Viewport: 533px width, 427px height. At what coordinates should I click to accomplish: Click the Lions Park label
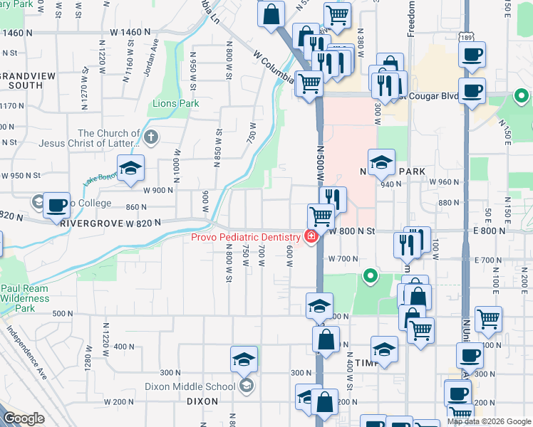click(175, 103)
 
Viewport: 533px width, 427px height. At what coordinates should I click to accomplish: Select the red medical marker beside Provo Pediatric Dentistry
click(311, 236)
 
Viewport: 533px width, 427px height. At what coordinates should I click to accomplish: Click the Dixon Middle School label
click(190, 386)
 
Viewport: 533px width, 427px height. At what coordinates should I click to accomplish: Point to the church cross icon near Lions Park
click(150, 137)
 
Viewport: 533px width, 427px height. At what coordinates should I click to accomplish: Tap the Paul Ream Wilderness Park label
click(26, 298)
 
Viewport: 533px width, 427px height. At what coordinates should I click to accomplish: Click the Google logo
click(24, 418)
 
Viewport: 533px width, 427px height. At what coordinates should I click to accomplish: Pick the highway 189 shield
click(466, 37)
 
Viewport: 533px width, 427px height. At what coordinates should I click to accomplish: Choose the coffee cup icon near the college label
click(56, 206)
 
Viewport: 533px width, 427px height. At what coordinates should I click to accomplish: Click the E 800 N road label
click(490, 231)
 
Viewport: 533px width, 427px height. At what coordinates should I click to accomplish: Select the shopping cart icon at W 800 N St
click(321, 216)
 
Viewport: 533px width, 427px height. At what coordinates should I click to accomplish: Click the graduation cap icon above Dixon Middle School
click(244, 359)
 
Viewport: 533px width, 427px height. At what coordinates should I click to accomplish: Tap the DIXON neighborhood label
click(201, 401)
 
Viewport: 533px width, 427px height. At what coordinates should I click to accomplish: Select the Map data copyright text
click(489, 421)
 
